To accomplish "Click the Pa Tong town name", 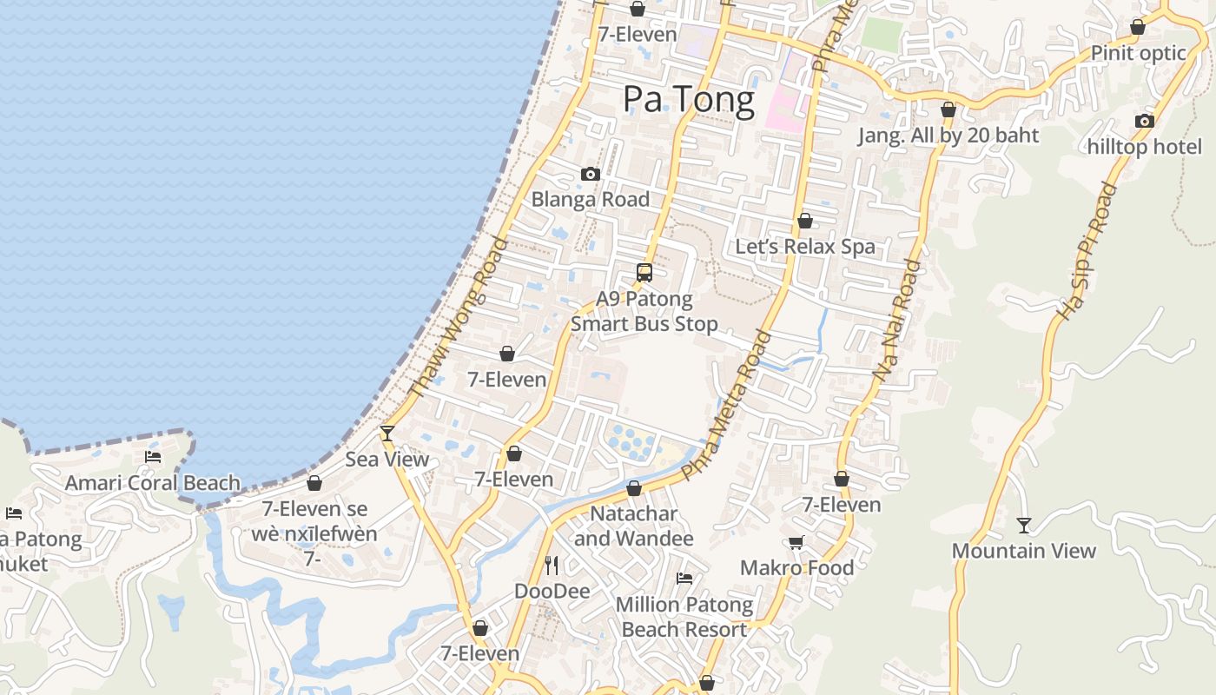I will click(689, 99).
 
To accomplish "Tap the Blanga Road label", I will click(591, 199).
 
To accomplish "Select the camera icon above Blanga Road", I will click(591, 175).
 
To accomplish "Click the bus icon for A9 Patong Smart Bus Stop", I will click(644, 273).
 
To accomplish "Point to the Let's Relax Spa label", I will click(805, 247).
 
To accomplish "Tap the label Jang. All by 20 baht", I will click(948, 136).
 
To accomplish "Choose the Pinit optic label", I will click(1138, 53).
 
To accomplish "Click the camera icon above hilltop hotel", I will click(1145, 122).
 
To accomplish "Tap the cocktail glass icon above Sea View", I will click(387, 433).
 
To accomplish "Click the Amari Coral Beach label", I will click(153, 483).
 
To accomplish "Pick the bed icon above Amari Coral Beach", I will click(153, 457).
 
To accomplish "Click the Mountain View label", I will click(1024, 551).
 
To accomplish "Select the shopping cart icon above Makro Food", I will click(796, 543).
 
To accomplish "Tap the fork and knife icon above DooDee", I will click(552, 566).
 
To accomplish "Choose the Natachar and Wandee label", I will click(634, 526).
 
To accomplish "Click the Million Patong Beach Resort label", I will click(684, 617).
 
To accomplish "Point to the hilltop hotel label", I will click(1145, 147).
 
